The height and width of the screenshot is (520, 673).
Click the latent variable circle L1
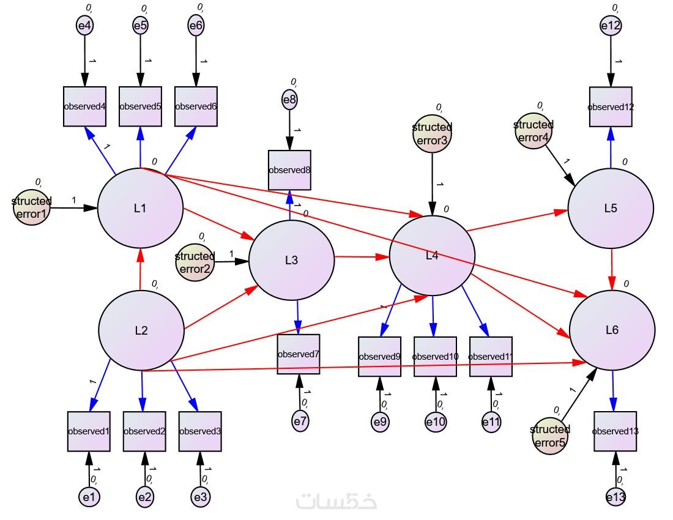(x=140, y=208)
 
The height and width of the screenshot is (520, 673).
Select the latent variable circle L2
(x=141, y=330)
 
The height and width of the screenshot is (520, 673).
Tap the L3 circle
(x=291, y=260)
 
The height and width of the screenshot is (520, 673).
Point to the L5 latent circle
(x=611, y=208)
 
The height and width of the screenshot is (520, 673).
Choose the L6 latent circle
(x=612, y=330)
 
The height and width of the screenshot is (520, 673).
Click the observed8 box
(x=290, y=170)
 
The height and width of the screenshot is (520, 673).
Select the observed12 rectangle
(x=611, y=107)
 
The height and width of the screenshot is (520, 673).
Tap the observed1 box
(x=89, y=431)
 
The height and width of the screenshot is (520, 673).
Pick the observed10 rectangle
(x=435, y=357)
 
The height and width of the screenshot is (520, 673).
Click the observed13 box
(x=615, y=431)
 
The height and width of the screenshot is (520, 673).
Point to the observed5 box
(x=140, y=106)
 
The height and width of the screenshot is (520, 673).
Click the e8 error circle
(x=290, y=100)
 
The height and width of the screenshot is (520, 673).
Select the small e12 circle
(x=611, y=25)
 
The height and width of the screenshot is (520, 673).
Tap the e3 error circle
(x=201, y=497)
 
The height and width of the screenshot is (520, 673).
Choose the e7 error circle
(x=300, y=421)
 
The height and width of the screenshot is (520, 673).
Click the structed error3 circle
(x=432, y=133)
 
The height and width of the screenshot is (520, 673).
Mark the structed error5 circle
(x=550, y=436)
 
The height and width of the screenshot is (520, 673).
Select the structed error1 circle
(x=31, y=207)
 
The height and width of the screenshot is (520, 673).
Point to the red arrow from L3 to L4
(x=362, y=257)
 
